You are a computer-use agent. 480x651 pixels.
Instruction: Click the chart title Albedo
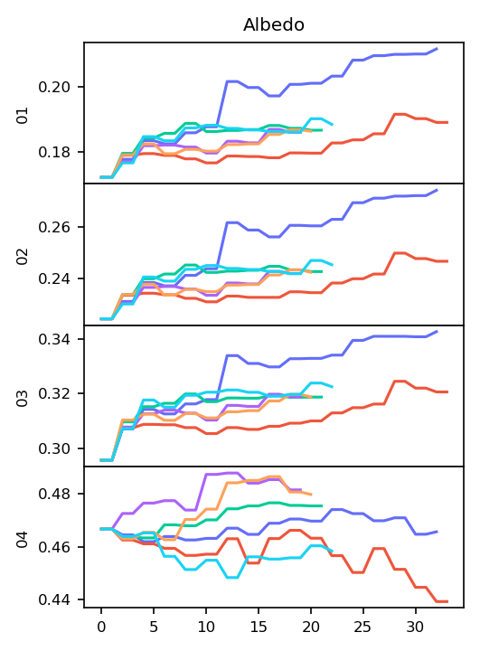(x=274, y=25)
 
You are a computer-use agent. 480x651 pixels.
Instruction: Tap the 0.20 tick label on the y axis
(x=55, y=87)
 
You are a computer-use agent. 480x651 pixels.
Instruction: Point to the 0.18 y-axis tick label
(x=55, y=153)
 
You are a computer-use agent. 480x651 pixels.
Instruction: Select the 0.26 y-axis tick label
(x=55, y=227)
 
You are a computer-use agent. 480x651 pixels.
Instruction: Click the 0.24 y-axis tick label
(x=55, y=278)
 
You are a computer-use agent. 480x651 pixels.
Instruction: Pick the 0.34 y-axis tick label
(x=55, y=339)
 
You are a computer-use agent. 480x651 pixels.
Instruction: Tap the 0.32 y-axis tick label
(x=55, y=393)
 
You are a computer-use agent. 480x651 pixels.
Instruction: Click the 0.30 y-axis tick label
(x=55, y=448)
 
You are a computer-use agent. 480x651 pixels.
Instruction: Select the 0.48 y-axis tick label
(x=55, y=494)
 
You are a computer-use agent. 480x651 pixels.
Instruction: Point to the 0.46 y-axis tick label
(x=55, y=547)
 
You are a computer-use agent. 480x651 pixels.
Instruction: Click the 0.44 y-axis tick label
(x=55, y=600)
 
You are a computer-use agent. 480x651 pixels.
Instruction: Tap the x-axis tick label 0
(x=101, y=627)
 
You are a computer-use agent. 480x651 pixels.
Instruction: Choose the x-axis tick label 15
(x=259, y=627)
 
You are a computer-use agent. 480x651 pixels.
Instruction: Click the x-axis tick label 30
(x=415, y=627)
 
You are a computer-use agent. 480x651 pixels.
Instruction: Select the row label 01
(x=23, y=116)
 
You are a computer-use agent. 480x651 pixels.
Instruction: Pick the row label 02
(x=23, y=257)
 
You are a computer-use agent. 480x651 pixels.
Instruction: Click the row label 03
(x=23, y=399)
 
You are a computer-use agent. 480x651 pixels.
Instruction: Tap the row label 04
(x=23, y=539)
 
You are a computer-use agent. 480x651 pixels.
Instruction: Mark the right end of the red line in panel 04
(x=447, y=601)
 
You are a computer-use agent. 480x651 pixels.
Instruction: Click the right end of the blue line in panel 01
(x=438, y=49)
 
